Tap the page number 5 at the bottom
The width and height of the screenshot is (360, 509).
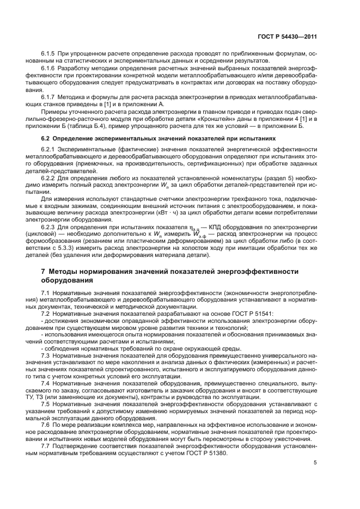coord(315,463)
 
